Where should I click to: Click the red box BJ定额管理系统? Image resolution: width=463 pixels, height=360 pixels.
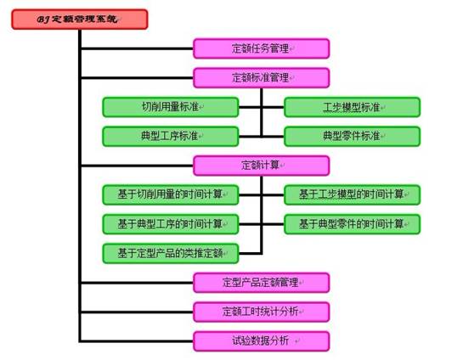80,20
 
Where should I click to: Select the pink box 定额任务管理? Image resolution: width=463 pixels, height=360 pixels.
262,48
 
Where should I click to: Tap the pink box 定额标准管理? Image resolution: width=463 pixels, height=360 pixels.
262,78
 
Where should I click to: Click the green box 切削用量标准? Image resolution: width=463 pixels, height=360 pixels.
171,107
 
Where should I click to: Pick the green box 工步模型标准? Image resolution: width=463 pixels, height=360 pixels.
352,107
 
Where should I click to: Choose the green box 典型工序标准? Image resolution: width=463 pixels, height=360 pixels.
171,137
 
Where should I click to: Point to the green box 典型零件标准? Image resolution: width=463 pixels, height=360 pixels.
352,137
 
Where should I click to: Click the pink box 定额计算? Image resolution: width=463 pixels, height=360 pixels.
262,166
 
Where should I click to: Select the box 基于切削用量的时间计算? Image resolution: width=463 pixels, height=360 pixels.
171,194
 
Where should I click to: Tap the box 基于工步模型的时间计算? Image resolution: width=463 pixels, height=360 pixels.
352,194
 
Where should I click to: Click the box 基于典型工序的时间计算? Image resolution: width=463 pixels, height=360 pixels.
171,224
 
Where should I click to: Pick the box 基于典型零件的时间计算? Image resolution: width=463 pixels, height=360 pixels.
352,224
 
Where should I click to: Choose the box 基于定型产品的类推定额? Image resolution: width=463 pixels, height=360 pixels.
171,254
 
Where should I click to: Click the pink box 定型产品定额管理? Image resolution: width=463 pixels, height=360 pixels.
262,283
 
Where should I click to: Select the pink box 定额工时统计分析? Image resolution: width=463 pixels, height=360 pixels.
262,312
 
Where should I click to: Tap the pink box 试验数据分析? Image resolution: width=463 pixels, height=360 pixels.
262,341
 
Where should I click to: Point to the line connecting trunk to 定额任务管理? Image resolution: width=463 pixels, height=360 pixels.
138,48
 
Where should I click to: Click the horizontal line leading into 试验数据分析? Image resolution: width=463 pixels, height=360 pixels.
138,341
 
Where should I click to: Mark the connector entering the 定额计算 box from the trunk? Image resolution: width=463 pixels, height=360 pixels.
138,166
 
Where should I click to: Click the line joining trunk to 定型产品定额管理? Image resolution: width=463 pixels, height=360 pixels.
138,283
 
